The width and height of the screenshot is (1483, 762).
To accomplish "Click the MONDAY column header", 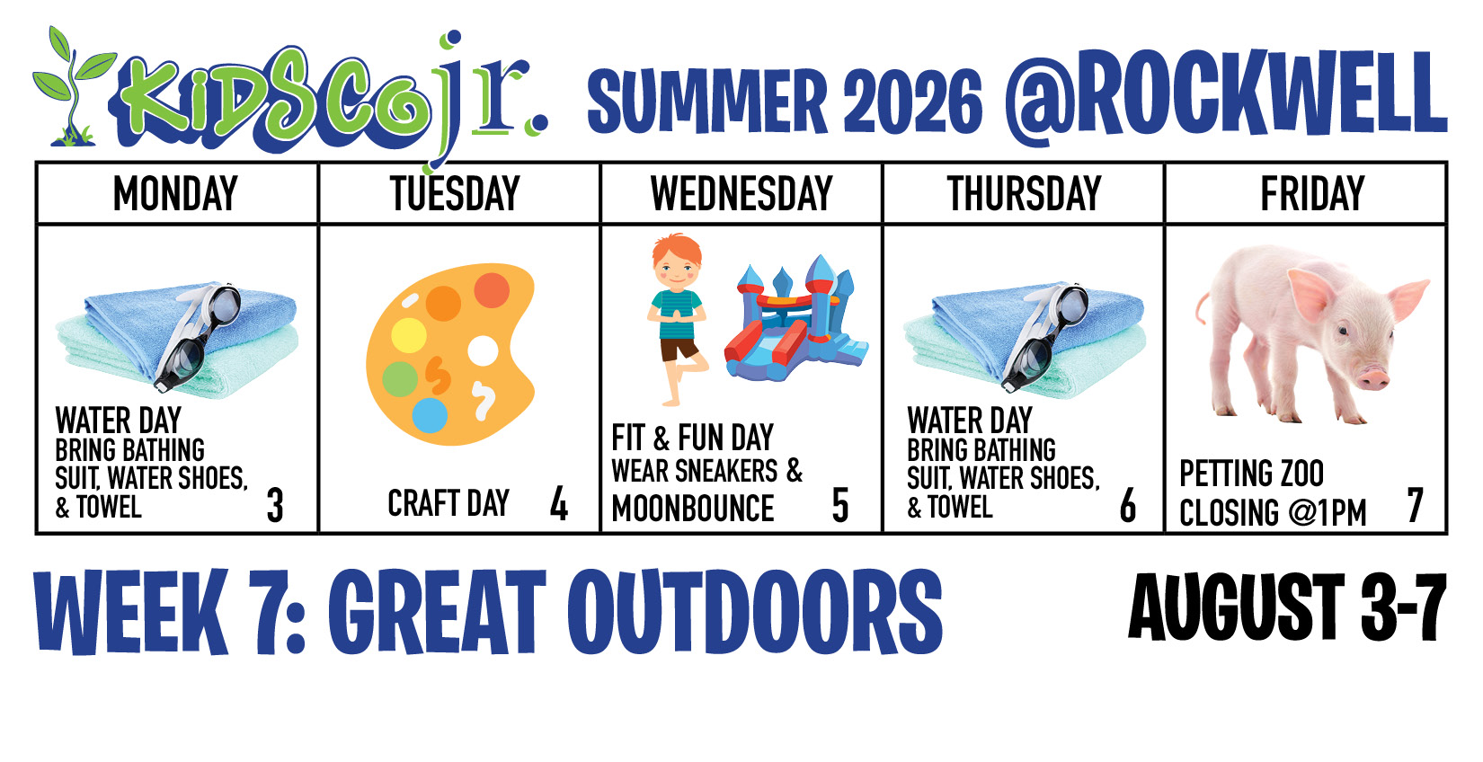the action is (x=175, y=193).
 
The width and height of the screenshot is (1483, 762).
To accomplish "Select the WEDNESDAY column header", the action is (x=741, y=193).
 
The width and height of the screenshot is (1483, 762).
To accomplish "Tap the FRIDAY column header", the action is (x=1312, y=193).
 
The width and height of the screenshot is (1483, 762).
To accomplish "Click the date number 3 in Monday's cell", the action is (x=275, y=506).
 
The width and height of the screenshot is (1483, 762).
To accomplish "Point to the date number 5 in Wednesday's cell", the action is (x=840, y=506).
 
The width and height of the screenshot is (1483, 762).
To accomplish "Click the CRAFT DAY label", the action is (x=448, y=503).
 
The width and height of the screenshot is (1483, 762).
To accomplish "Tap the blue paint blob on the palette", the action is (x=430, y=415).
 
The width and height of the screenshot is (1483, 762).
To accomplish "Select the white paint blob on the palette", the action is (x=483, y=351).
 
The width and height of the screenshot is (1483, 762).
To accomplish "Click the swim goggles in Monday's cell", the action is (x=199, y=334).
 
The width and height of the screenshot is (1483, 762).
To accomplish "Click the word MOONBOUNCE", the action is (x=692, y=509).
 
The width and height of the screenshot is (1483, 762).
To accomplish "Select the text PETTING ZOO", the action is (x=1251, y=474).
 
